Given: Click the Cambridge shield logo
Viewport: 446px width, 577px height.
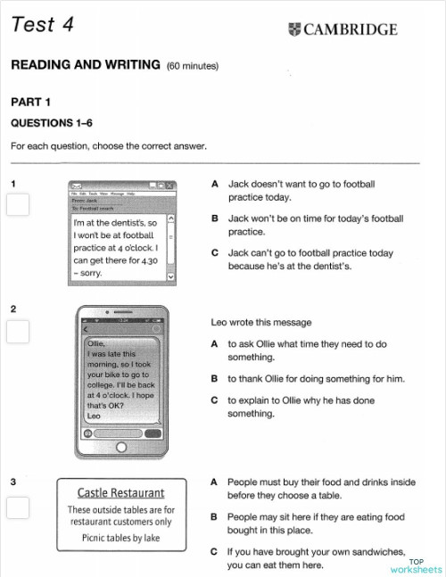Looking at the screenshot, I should click(x=295, y=29).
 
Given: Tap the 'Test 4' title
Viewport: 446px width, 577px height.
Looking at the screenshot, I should click(x=42, y=25).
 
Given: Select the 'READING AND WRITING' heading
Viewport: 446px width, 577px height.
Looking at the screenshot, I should click(x=86, y=65).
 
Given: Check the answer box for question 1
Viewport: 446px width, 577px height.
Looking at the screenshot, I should click(x=18, y=206).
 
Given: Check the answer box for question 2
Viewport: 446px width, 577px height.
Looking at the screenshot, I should click(x=18, y=332).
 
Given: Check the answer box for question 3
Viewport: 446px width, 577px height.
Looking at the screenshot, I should click(x=18, y=507).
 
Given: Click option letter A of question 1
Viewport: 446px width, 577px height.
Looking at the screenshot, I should click(x=215, y=184).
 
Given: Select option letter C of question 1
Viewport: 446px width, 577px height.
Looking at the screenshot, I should click(x=215, y=253).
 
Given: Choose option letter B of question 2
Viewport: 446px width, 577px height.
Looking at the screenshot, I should click(x=215, y=378).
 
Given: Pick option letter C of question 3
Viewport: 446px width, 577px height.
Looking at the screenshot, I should click(x=215, y=552).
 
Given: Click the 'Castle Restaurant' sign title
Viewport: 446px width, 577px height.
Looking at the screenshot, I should click(x=120, y=492).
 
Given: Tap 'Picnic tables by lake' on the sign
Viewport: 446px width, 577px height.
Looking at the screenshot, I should click(x=120, y=538).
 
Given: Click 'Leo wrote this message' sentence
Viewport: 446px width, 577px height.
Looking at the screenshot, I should click(x=260, y=323).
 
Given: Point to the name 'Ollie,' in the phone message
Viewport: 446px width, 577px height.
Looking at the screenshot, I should click(x=97, y=342).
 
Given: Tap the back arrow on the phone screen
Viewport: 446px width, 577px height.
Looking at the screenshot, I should click(x=87, y=331).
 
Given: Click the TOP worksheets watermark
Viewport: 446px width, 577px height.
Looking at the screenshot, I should click(x=415, y=565).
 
